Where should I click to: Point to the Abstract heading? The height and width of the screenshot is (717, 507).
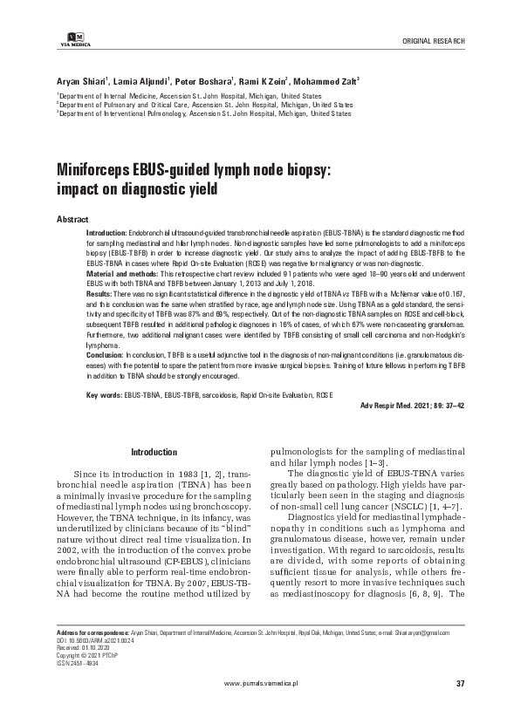tap(72, 217)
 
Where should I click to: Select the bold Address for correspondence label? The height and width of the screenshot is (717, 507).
tap(92, 631)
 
